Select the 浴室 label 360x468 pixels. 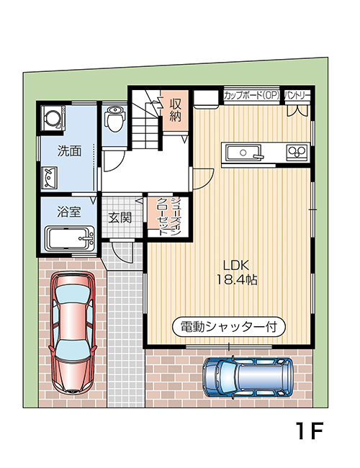pos(69,212)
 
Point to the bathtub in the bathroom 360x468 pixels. pos(69,237)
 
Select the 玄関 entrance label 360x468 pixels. pos(120,217)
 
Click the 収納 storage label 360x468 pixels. pos(174,110)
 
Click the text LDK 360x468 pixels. pos(233,263)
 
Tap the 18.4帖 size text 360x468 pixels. pos(233,279)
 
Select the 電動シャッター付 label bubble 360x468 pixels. pos(229,326)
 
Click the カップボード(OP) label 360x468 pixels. pos(251,95)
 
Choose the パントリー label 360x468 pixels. pos(297,95)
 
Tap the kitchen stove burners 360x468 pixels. pos(297,151)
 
